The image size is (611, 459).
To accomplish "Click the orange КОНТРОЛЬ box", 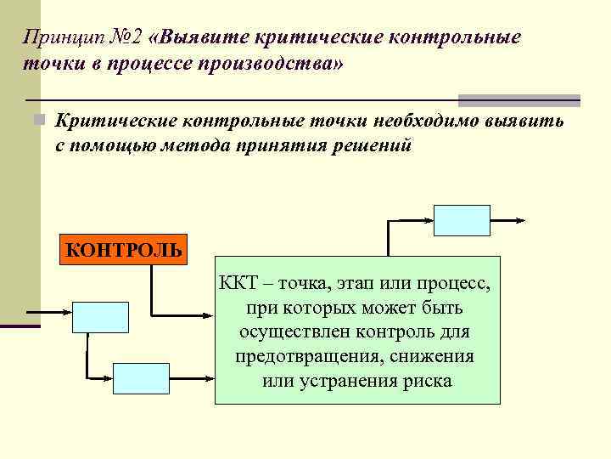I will pos(124,250).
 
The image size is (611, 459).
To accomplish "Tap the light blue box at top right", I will pos(462,220).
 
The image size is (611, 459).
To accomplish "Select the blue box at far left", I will pos(101,316).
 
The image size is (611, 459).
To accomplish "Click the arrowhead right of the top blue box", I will pos(518,219).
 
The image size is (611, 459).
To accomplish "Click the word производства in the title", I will pos(266,64).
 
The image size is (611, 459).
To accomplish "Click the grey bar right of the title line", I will pos(519,100).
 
